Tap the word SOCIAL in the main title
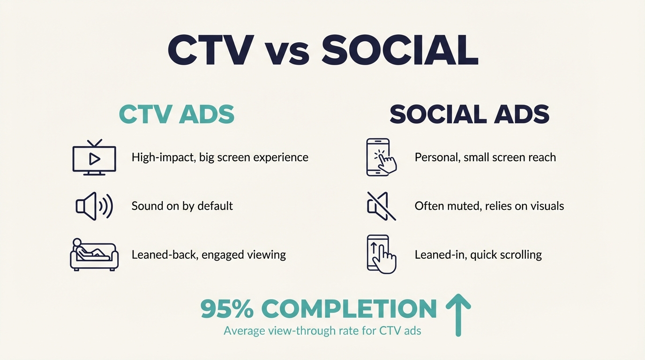pyautogui.click(x=400, y=50)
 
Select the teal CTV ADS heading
pyautogui.click(x=177, y=114)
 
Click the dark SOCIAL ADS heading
pyautogui.click(x=469, y=114)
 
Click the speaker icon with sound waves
pyautogui.click(x=94, y=206)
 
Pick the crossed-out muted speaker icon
pyautogui.click(x=381, y=206)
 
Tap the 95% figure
pyautogui.click(x=227, y=309)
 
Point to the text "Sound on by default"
pyautogui.click(x=182, y=206)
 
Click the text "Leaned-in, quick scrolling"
pyautogui.click(x=478, y=255)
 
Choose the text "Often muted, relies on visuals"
pyautogui.click(x=489, y=206)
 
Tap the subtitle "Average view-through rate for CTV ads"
pyautogui.click(x=322, y=331)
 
